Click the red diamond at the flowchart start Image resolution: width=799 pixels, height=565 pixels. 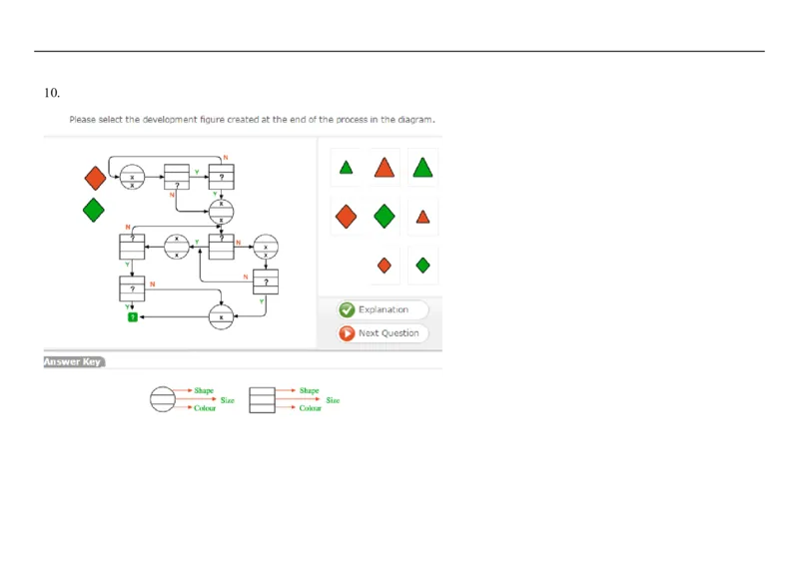pyautogui.click(x=95, y=178)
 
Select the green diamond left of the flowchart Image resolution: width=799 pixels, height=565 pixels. pyautogui.click(x=94, y=210)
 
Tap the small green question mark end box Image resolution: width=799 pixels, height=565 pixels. pyautogui.click(x=132, y=316)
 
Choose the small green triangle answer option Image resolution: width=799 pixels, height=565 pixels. pyautogui.click(x=346, y=168)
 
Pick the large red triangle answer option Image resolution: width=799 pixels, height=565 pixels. pyautogui.click(x=385, y=168)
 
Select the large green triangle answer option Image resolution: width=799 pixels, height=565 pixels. pyautogui.click(x=423, y=168)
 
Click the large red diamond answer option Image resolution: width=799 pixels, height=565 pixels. pyautogui.click(x=346, y=216)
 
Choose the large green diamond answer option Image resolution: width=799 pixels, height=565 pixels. pyautogui.click(x=385, y=216)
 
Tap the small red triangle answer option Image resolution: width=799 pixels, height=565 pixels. pyautogui.click(x=423, y=217)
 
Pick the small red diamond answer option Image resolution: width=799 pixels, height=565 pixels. pyautogui.click(x=385, y=265)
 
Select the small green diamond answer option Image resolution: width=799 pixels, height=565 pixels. pyautogui.click(x=423, y=265)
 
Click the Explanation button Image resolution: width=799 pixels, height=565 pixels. pyautogui.click(x=384, y=309)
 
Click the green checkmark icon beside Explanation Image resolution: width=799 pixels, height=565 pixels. pyautogui.click(x=347, y=309)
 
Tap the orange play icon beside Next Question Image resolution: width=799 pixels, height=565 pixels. pyautogui.click(x=347, y=333)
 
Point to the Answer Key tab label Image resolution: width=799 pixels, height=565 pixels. pyautogui.click(x=73, y=361)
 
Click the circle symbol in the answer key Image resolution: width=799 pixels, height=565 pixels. pyautogui.click(x=162, y=399)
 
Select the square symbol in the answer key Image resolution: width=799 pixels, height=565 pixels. pyautogui.click(x=262, y=399)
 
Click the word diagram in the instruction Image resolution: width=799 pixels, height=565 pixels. pyautogui.click(x=414, y=120)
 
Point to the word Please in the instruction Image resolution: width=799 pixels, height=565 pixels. pyautogui.click(x=82, y=120)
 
